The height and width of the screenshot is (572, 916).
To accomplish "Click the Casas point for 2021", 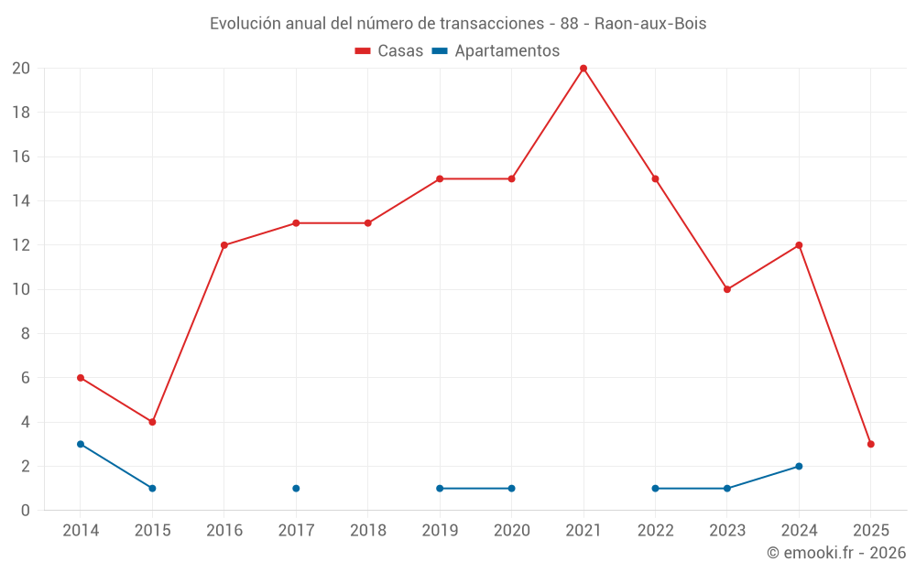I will click(x=583, y=69).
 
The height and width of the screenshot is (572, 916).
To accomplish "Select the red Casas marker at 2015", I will click(x=152, y=422).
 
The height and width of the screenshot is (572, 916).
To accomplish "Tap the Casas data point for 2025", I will click(x=870, y=444).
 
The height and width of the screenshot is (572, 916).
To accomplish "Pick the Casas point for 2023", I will click(x=727, y=289).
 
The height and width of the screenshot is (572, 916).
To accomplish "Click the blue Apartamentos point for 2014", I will click(x=81, y=444).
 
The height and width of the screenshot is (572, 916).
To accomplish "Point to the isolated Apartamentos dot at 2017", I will click(x=296, y=488).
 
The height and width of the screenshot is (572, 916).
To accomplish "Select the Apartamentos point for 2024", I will click(x=799, y=466).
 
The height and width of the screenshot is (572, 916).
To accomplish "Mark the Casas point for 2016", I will click(x=224, y=245).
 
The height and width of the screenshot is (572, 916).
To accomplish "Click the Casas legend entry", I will click(x=389, y=51).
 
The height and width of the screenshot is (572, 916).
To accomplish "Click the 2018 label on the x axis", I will click(x=368, y=530).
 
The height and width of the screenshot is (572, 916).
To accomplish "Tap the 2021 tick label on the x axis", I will click(x=583, y=530).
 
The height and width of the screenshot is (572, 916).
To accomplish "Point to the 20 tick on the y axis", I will click(x=21, y=69).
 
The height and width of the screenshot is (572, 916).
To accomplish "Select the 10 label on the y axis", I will click(x=21, y=289).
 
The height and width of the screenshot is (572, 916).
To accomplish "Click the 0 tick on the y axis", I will click(x=26, y=510).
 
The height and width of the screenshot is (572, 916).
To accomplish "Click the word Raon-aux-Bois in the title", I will click(x=650, y=24).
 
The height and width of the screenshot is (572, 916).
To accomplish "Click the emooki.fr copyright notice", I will click(x=835, y=553).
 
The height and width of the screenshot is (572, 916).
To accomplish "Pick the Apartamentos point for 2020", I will click(x=511, y=488).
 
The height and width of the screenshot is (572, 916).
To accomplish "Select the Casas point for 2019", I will click(x=440, y=178).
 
